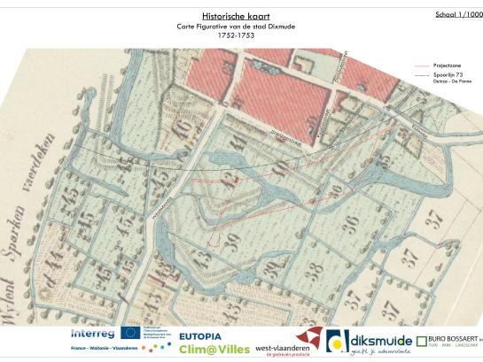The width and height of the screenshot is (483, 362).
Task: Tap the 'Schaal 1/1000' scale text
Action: coord(459,15)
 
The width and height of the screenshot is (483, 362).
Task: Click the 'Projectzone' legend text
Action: coord(445,65)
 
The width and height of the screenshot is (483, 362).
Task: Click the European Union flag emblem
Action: coord(130,334)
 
